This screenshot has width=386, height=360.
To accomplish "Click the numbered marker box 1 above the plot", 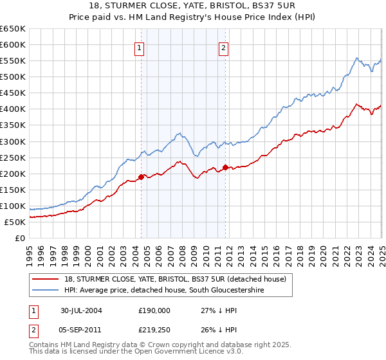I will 140,47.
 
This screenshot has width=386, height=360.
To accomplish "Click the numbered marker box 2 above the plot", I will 223,47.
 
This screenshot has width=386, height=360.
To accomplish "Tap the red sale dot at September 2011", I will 225,167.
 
